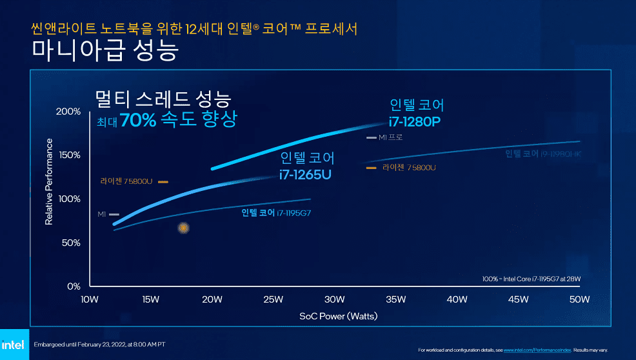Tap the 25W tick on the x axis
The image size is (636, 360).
(x=273, y=299)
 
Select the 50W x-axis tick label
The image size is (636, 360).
(x=579, y=299)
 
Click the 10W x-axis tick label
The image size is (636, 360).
(x=88, y=299)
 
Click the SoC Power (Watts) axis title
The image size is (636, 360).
(x=338, y=316)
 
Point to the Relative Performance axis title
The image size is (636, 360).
(x=49, y=181)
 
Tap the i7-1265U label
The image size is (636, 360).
(x=306, y=174)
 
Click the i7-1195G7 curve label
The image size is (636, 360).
(x=281, y=212)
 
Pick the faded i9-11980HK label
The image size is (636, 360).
(x=542, y=154)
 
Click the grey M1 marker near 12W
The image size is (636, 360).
(x=115, y=214)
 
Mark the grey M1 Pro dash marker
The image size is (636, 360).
(x=371, y=137)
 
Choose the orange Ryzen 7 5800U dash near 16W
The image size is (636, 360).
(x=163, y=181)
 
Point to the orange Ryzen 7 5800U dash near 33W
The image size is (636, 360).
(x=371, y=168)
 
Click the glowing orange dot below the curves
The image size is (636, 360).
(x=183, y=228)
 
